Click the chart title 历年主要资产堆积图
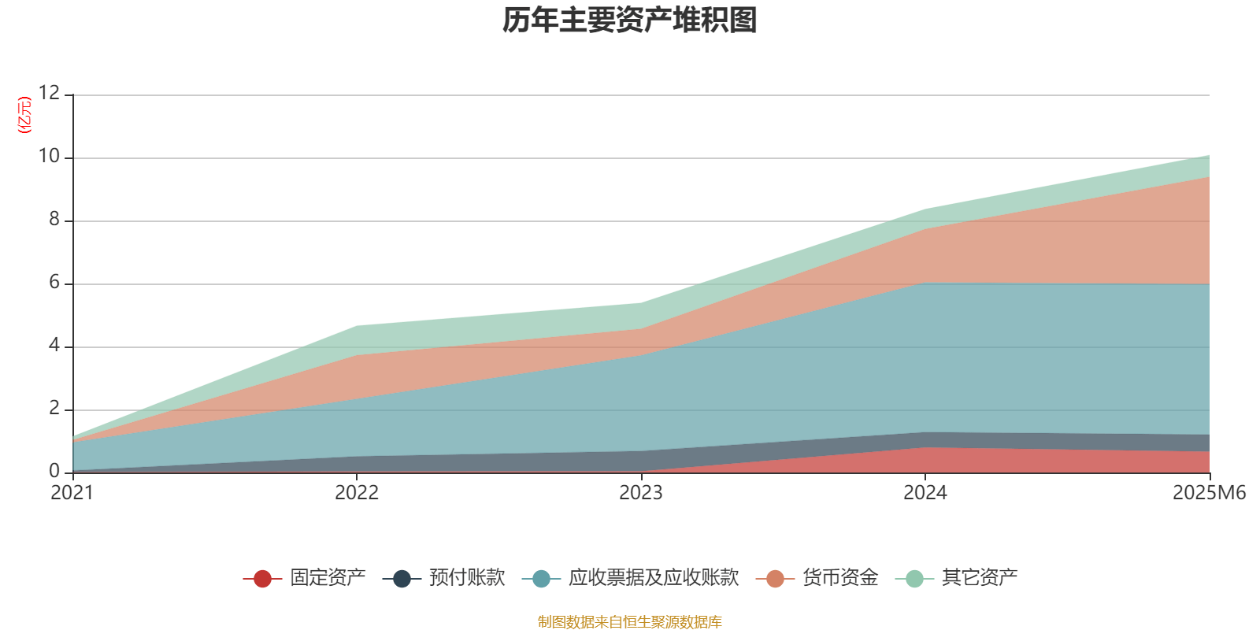pos(630,20)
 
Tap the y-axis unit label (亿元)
pos(24,115)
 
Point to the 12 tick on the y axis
pos(49,94)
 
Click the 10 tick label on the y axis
pos(49,157)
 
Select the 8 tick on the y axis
pos(54,220)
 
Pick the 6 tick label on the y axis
pos(54,283)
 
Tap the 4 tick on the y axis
pos(54,346)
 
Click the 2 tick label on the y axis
pos(54,409)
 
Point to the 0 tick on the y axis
pos(54,472)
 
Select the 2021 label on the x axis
pos(72,493)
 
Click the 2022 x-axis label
pos(357,493)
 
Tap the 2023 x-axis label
pos(641,493)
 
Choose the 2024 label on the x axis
pos(925,493)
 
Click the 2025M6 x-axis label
pos(1209,493)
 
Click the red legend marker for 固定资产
pos(262,579)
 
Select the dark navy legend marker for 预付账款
pos(402,579)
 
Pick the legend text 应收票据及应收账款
pos(654,578)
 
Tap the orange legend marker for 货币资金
pos(775,579)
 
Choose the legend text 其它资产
pos(980,578)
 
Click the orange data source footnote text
pos(630,622)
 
